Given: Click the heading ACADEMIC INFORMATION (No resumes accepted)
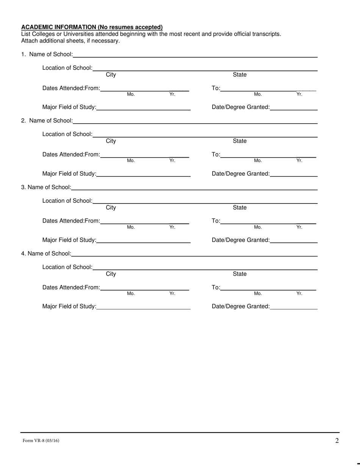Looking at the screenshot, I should click(92, 27).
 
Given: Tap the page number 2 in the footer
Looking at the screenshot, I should click(337, 440).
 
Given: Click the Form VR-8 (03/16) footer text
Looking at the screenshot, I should click(41, 440).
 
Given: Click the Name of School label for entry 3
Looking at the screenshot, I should click(46, 187).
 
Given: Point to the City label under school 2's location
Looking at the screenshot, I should click(111, 141).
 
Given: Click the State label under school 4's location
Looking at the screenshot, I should click(239, 274).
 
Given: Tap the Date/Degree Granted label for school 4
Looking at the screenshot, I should click(241, 306).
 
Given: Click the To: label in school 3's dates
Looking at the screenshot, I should click(216, 221).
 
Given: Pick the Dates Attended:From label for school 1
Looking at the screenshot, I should click(71, 88).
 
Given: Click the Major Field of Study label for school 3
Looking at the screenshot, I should click(69, 240).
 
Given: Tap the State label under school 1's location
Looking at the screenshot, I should click(239, 75).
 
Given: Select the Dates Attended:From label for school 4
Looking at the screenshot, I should click(71, 288).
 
